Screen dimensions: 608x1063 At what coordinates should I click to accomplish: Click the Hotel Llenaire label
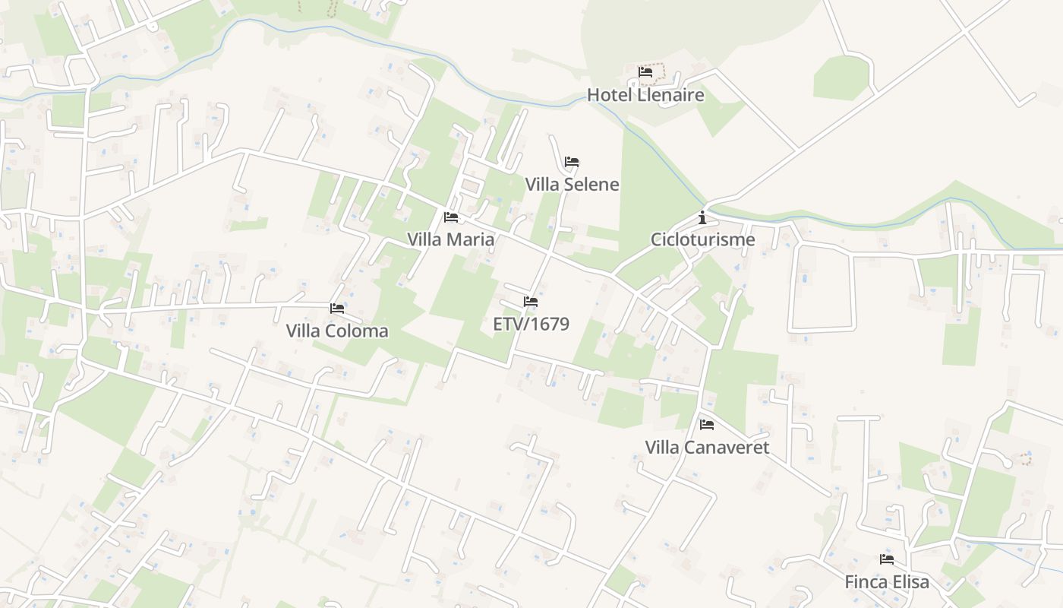pyautogui.click(x=645, y=95)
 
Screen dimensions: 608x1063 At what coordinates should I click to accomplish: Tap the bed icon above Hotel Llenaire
pyautogui.click(x=645, y=72)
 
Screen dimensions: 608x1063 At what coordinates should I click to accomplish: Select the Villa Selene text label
pyautogui.click(x=572, y=185)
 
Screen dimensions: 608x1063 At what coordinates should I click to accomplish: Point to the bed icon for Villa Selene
pyautogui.click(x=572, y=162)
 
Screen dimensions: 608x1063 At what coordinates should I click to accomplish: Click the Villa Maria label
pyautogui.click(x=450, y=239)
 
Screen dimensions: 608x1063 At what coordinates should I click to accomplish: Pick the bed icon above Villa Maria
pyautogui.click(x=451, y=217)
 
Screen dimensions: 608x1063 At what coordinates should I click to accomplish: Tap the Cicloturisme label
pyautogui.click(x=702, y=239)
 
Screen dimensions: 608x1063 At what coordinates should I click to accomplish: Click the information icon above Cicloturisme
pyautogui.click(x=702, y=217)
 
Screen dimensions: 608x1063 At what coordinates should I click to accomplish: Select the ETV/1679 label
pyautogui.click(x=531, y=324)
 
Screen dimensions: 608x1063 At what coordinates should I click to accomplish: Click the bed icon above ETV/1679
pyautogui.click(x=531, y=302)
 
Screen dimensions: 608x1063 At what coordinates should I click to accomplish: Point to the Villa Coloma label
pyautogui.click(x=337, y=331)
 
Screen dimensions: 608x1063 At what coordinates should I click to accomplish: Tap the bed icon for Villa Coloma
pyautogui.click(x=337, y=308)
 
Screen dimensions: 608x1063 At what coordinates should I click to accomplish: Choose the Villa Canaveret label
pyautogui.click(x=707, y=447)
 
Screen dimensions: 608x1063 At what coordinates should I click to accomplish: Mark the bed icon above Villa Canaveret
pyautogui.click(x=707, y=424)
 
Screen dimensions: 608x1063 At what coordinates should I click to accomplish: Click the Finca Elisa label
pyautogui.click(x=887, y=582)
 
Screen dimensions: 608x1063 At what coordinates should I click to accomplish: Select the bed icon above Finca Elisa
pyautogui.click(x=887, y=559)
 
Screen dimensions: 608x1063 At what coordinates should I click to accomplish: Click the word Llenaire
pyautogui.click(x=670, y=95)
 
